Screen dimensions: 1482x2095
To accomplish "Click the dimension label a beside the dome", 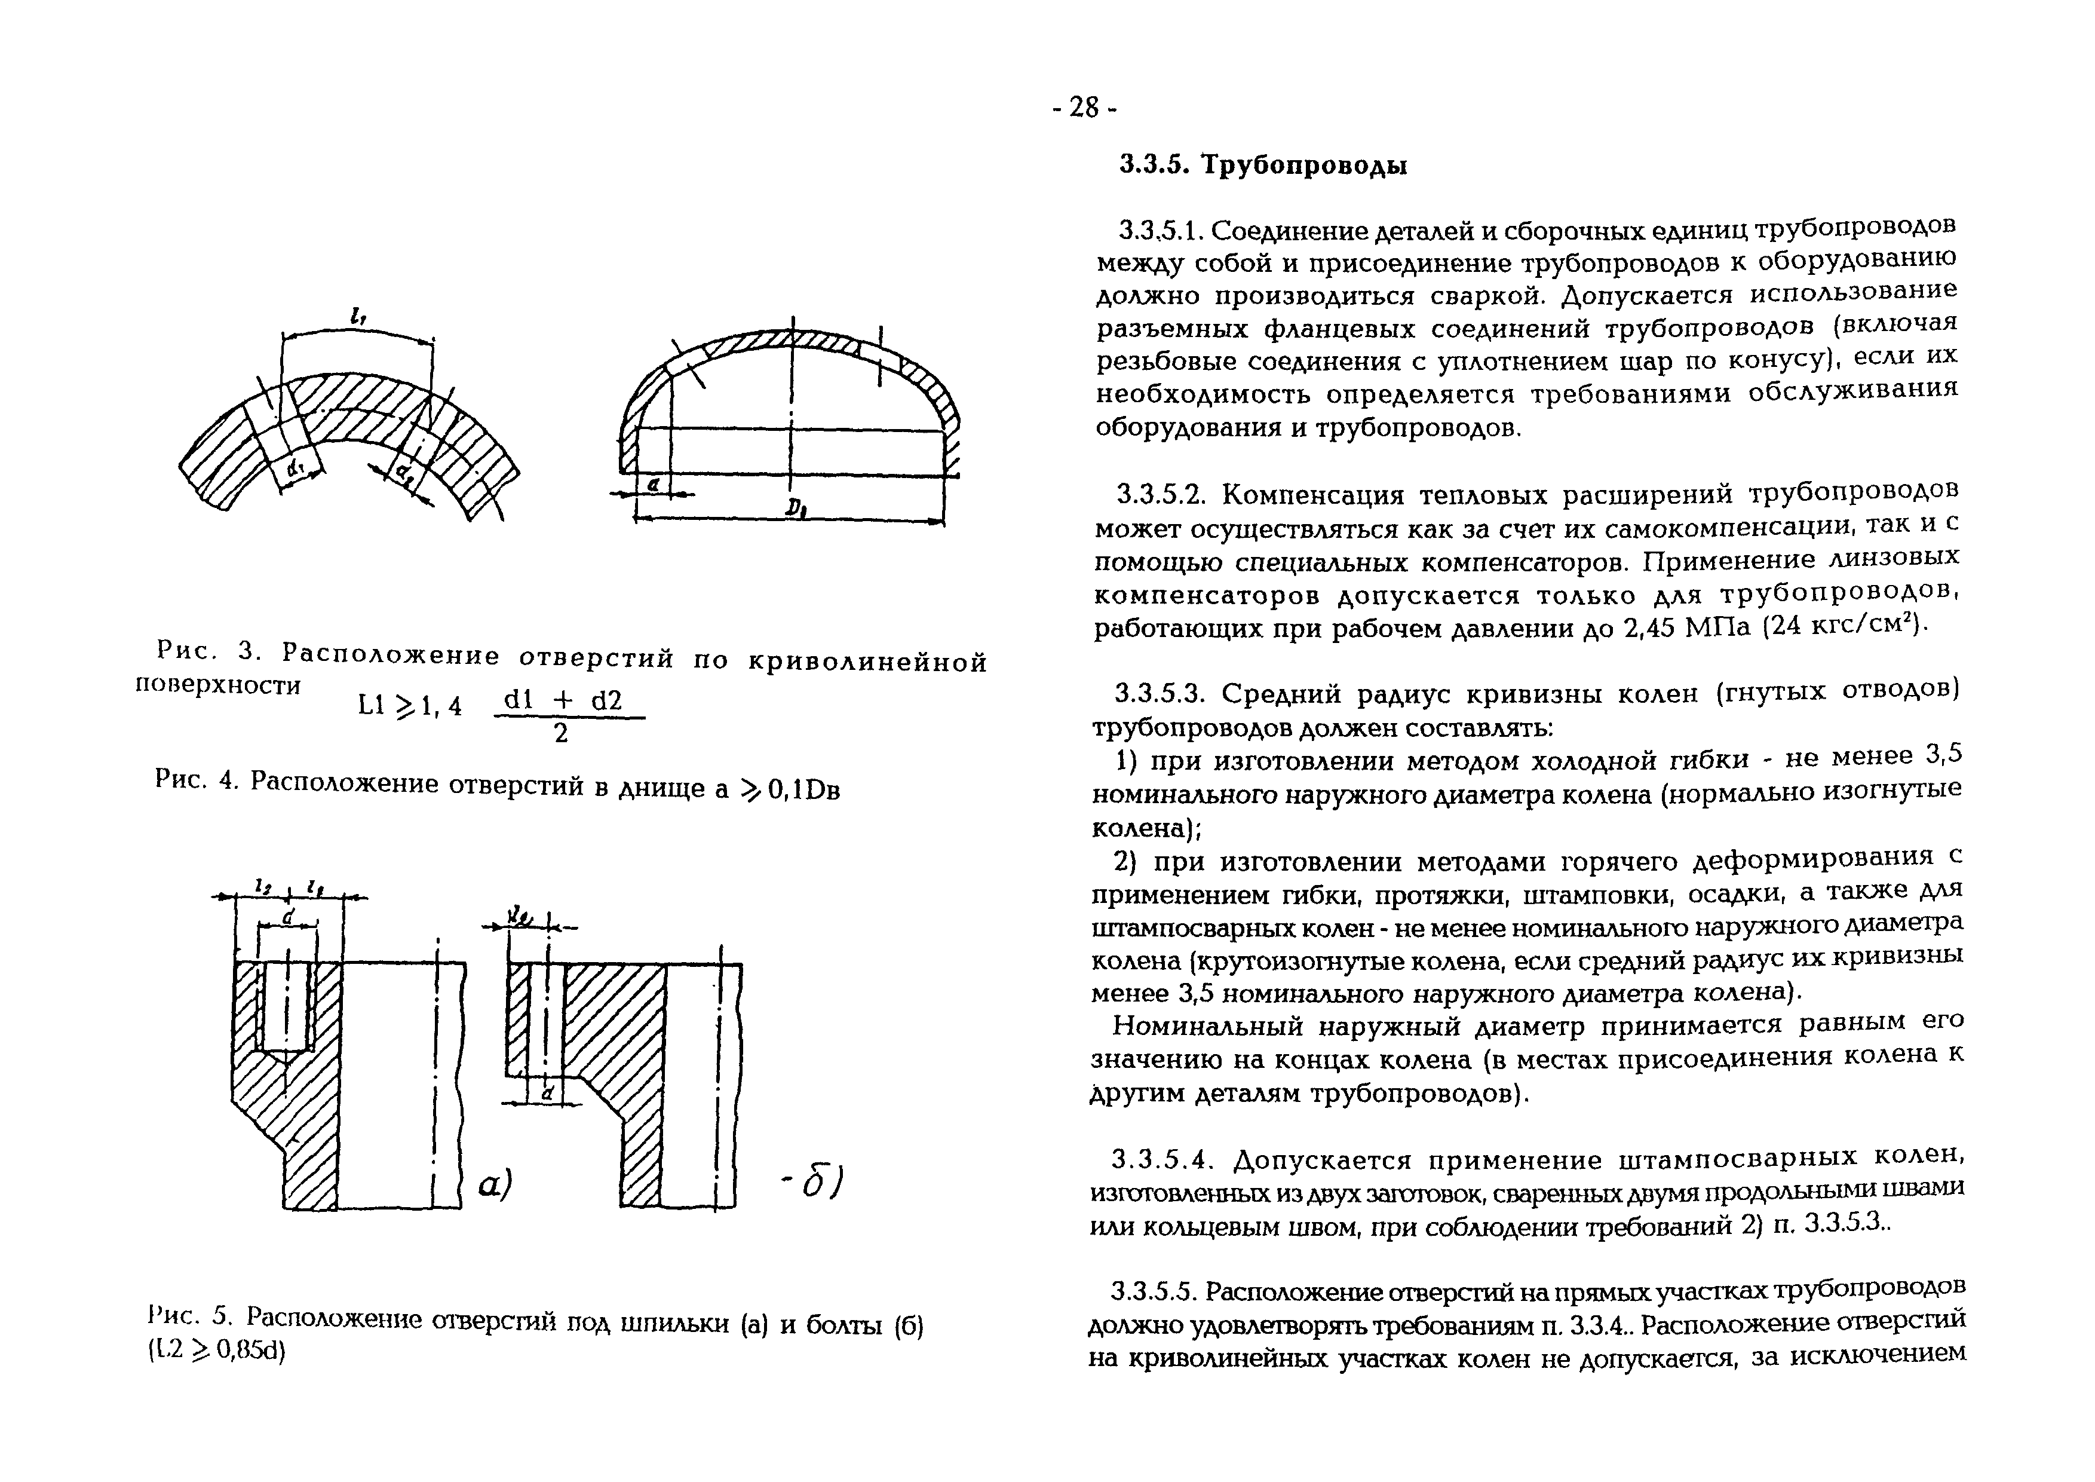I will [652, 485].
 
